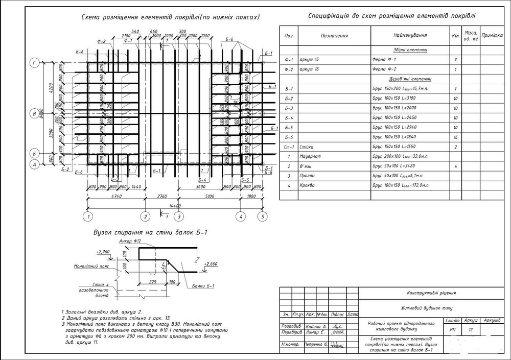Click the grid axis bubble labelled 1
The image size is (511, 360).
pyautogui.click(x=88, y=217)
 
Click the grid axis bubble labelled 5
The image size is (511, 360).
pyautogui.click(x=262, y=217)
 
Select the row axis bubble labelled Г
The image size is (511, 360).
pyautogui.click(x=34, y=63)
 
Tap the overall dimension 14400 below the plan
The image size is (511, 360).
pyautogui.click(x=175, y=205)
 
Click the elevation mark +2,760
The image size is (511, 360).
pyautogui.click(x=103, y=252)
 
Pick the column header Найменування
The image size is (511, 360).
pyautogui.click(x=410, y=36)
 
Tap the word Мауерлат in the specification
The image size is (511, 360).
pyautogui.click(x=313, y=156)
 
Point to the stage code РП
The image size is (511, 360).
pyautogui.click(x=452, y=330)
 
